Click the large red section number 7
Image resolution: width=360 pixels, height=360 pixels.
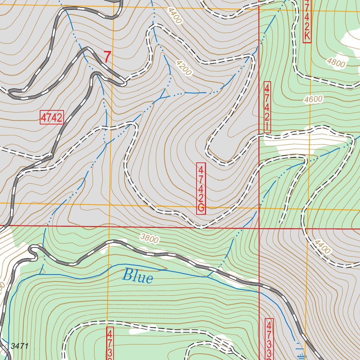(107, 57)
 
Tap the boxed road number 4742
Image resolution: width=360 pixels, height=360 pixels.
(52, 118)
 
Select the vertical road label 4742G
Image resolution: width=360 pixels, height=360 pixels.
(201, 188)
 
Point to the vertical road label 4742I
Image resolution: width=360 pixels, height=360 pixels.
(267, 107)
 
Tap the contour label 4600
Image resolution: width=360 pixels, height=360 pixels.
(313, 100)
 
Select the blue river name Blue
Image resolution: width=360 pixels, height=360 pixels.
(137, 277)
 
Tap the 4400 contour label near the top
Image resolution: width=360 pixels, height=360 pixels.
(175, 16)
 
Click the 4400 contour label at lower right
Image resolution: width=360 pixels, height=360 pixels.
(322, 247)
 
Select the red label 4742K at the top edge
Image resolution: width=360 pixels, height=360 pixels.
(307, 20)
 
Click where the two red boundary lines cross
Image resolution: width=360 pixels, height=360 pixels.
(259, 228)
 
